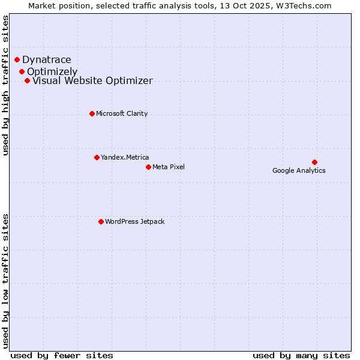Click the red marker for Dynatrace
[17, 59]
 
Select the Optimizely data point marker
[22, 71]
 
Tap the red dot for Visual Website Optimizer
[27, 80]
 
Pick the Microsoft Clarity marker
[92, 113]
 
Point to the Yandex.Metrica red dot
[97, 157]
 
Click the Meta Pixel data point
[148, 167]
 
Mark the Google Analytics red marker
[314, 162]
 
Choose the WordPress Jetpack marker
[101, 221]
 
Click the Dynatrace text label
[47, 59]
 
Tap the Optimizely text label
[52, 71]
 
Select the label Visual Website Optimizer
[92, 80]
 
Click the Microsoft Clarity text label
[122, 113]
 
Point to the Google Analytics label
[299, 170]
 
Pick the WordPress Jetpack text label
[134, 221]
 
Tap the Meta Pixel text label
[169, 167]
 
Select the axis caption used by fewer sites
[62, 355]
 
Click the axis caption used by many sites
[301, 355]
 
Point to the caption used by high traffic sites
[5, 85]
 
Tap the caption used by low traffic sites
[5, 280]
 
